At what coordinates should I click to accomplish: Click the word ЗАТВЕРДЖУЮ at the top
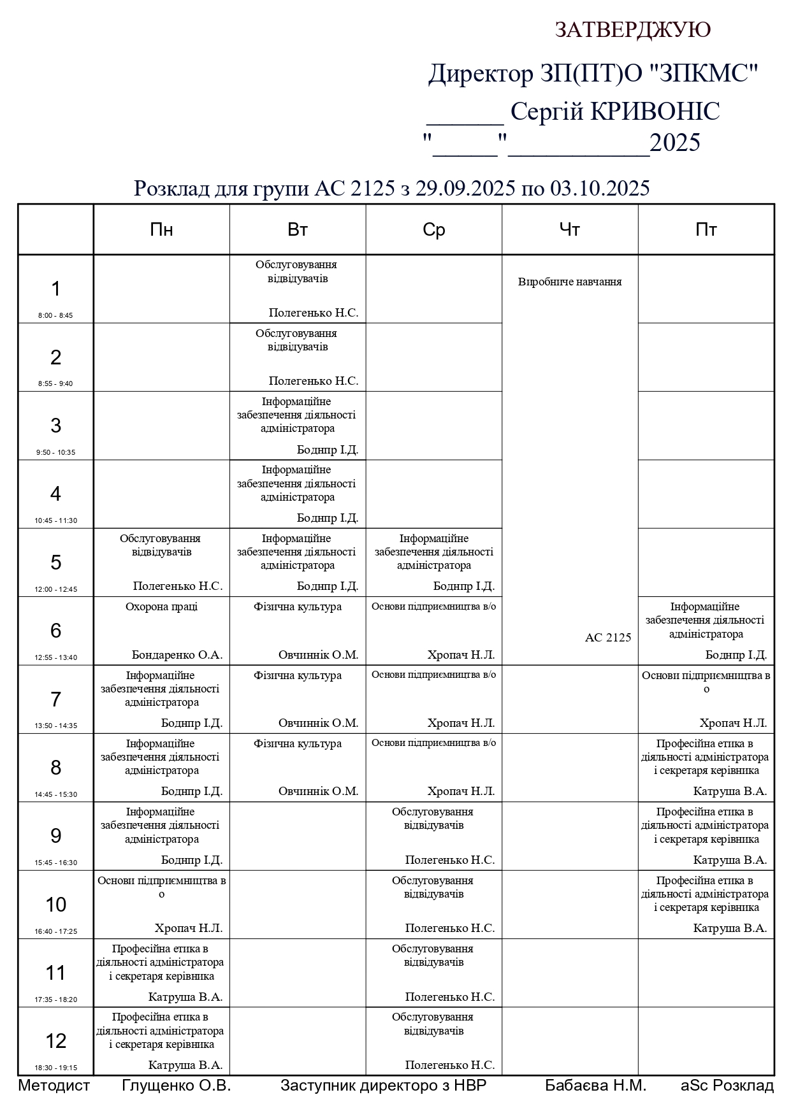(x=632, y=30)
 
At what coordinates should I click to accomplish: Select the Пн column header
(x=161, y=229)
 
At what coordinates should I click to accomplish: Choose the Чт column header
(x=569, y=229)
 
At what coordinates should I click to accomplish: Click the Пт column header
(x=706, y=229)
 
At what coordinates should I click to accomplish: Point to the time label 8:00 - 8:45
(x=55, y=315)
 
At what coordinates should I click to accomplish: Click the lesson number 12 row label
(x=55, y=1041)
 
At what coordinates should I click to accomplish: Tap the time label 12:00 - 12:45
(x=55, y=589)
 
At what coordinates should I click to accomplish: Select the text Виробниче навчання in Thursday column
(x=569, y=282)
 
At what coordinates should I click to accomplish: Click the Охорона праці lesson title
(x=161, y=606)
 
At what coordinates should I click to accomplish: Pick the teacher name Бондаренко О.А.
(x=177, y=655)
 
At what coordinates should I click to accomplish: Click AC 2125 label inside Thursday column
(x=607, y=638)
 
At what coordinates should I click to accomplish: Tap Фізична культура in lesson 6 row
(x=298, y=606)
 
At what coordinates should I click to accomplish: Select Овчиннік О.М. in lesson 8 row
(x=318, y=791)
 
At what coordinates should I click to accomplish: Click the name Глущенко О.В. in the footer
(x=176, y=1086)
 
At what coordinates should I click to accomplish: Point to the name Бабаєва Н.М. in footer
(x=595, y=1086)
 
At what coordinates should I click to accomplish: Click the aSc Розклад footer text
(x=727, y=1086)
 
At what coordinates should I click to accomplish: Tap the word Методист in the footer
(x=54, y=1086)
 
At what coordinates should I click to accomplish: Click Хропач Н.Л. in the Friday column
(x=733, y=723)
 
